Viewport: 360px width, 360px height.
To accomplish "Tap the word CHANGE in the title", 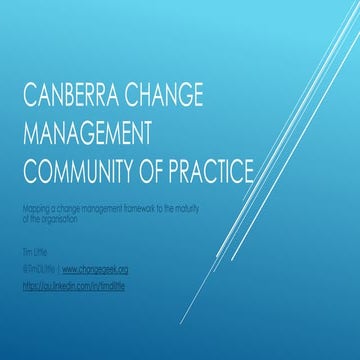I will coord(165,101).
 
